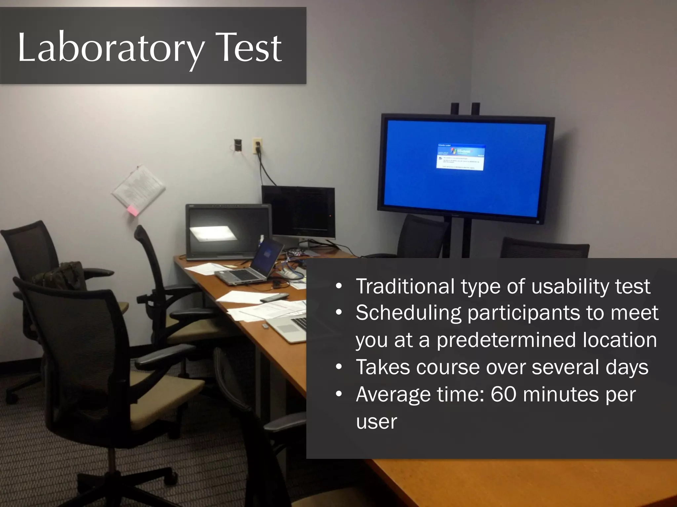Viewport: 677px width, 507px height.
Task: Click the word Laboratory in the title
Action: point(111,48)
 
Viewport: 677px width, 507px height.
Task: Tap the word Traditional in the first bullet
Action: point(405,286)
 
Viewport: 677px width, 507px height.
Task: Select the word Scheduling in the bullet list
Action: point(408,313)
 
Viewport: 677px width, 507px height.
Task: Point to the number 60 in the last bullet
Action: point(503,394)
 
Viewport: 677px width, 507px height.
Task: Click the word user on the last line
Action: point(376,422)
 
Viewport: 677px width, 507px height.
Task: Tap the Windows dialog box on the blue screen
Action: point(460,157)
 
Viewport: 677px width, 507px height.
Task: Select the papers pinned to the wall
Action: point(139,188)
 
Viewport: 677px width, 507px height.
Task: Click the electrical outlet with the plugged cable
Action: point(257,145)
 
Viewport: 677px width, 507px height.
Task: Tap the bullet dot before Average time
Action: point(338,394)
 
